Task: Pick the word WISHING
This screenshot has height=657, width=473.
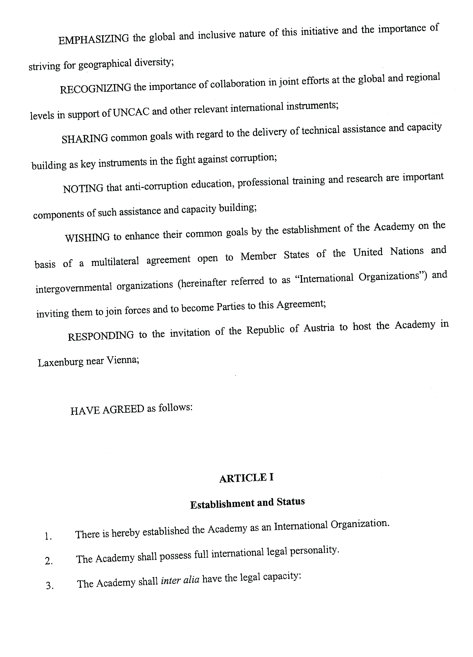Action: [87, 238]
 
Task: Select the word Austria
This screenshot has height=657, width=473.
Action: [319, 328]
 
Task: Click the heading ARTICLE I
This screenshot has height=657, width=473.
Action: [246, 478]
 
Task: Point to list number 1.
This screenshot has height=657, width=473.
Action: [48, 537]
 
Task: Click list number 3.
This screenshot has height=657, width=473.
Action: [49, 586]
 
